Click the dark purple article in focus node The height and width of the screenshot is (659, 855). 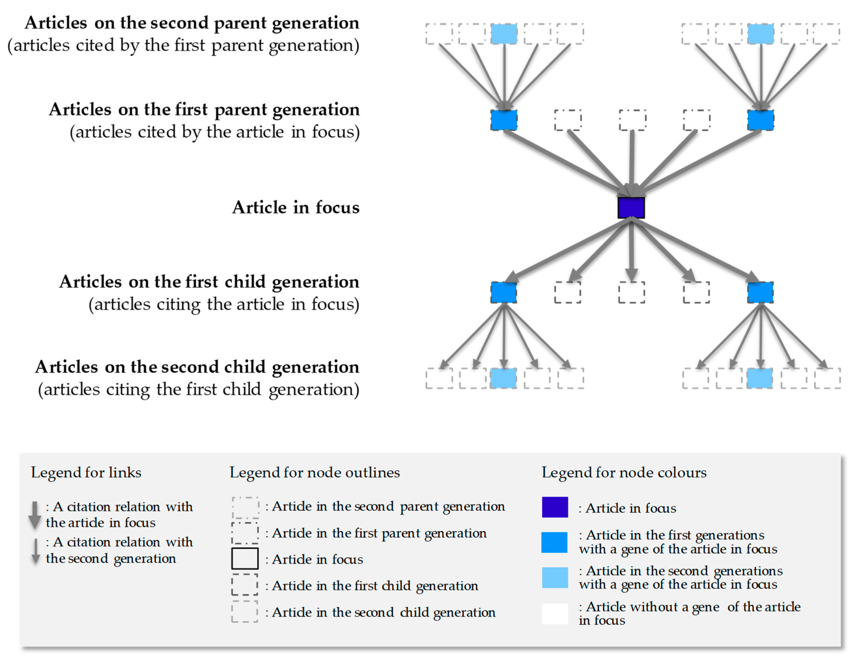631,208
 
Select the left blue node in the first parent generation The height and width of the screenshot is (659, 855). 504,120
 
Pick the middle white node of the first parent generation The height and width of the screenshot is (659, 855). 632,120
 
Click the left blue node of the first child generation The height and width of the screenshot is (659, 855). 504,292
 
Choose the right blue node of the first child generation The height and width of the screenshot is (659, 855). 760,292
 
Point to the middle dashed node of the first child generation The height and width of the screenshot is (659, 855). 631,292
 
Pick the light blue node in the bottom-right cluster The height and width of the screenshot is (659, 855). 759,378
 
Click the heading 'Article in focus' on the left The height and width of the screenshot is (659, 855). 295,207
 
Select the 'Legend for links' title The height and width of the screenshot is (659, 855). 86,473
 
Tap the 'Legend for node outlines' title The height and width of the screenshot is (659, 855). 314,473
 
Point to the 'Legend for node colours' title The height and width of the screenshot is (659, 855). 624,473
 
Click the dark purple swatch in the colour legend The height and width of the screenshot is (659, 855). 555,507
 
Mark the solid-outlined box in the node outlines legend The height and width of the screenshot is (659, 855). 245,558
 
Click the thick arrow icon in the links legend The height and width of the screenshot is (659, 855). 35,515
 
